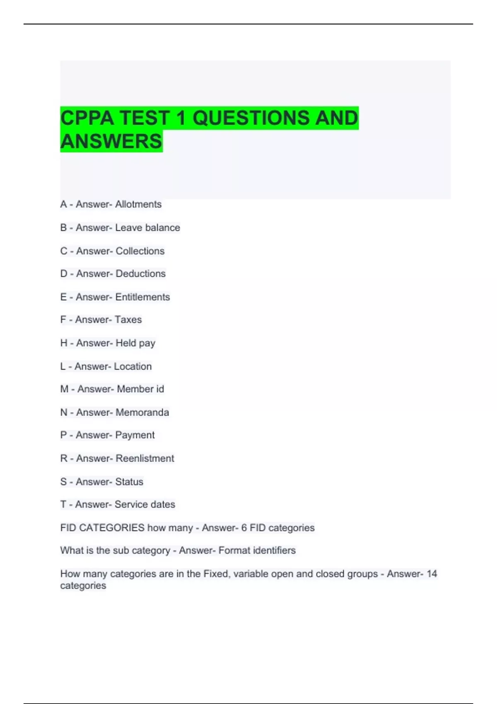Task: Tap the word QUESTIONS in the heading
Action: pos(251,118)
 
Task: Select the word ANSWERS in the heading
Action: pos(111,141)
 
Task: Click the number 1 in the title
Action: pos(181,118)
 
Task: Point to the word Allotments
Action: pos(138,204)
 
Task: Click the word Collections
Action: pos(140,251)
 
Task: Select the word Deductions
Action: pos(140,274)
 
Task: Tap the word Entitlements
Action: pos(142,297)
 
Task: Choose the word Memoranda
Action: pos(142,412)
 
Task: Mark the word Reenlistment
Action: pos(145,458)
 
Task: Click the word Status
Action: pos(129,482)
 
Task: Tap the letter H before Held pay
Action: pos(64,343)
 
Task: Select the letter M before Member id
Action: pos(64,389)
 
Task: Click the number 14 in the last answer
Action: pos(432,574)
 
